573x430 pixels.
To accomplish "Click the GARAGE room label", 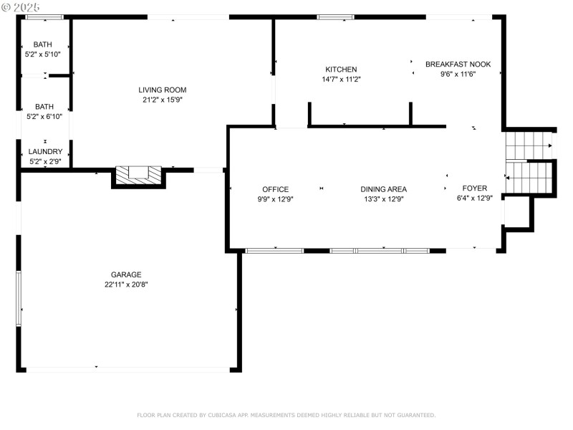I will [x=126, y=274].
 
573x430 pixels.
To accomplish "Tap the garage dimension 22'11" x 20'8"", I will [x=126, y=285].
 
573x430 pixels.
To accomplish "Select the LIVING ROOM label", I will [x=163, y=90].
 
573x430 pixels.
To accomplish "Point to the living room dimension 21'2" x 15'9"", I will [x=163, y=100].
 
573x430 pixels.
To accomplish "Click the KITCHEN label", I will [x=341, y=70].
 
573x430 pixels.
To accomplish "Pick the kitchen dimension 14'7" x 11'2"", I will [x=341, y=80].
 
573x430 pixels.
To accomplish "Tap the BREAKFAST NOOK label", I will [x=458, y=64].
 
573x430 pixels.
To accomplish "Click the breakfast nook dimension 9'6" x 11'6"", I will [x=458, y=74].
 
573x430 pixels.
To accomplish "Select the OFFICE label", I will [x=275, y=189].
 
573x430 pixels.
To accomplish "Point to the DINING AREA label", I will [x=382, y=189].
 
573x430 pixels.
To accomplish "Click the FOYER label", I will [x=474, y=188].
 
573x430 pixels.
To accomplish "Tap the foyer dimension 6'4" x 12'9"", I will [x=474, y=199].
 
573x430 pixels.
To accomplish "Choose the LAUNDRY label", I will [x=45, y=152].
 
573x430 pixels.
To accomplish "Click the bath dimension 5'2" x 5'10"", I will [x=43, y=54].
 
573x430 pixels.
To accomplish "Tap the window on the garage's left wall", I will [x=19, y=299].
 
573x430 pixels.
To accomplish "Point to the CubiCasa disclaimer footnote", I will [x=286, y=415].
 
